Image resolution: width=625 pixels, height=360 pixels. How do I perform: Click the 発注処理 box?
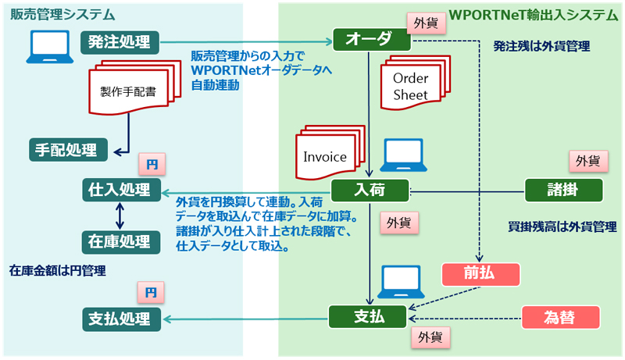click(x=120, y=41)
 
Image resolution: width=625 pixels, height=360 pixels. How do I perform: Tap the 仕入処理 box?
click(x=120, y=190)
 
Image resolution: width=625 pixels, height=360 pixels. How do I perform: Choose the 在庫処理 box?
click(x=120, y=240)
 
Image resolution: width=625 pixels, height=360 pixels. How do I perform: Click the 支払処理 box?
click(x=120, y=318)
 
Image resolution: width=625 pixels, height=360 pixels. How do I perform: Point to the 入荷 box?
click(x=370, y=190)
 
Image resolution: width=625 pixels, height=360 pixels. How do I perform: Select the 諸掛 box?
click(x=563, y=190)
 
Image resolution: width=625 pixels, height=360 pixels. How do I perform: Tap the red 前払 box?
click(x=480, y=274)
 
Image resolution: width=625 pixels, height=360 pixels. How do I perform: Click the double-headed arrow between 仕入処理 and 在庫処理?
click(x=120, y=215)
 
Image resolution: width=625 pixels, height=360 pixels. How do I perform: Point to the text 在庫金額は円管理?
click(x=57, y=271)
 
